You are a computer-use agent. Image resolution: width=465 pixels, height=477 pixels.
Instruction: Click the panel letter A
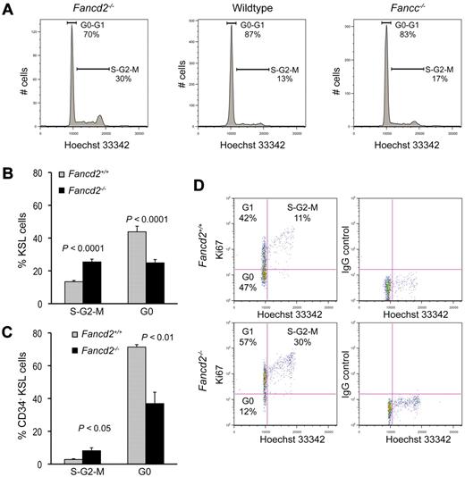pos(7,9)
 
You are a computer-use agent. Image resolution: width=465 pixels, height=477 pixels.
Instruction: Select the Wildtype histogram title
pos(244,8)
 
